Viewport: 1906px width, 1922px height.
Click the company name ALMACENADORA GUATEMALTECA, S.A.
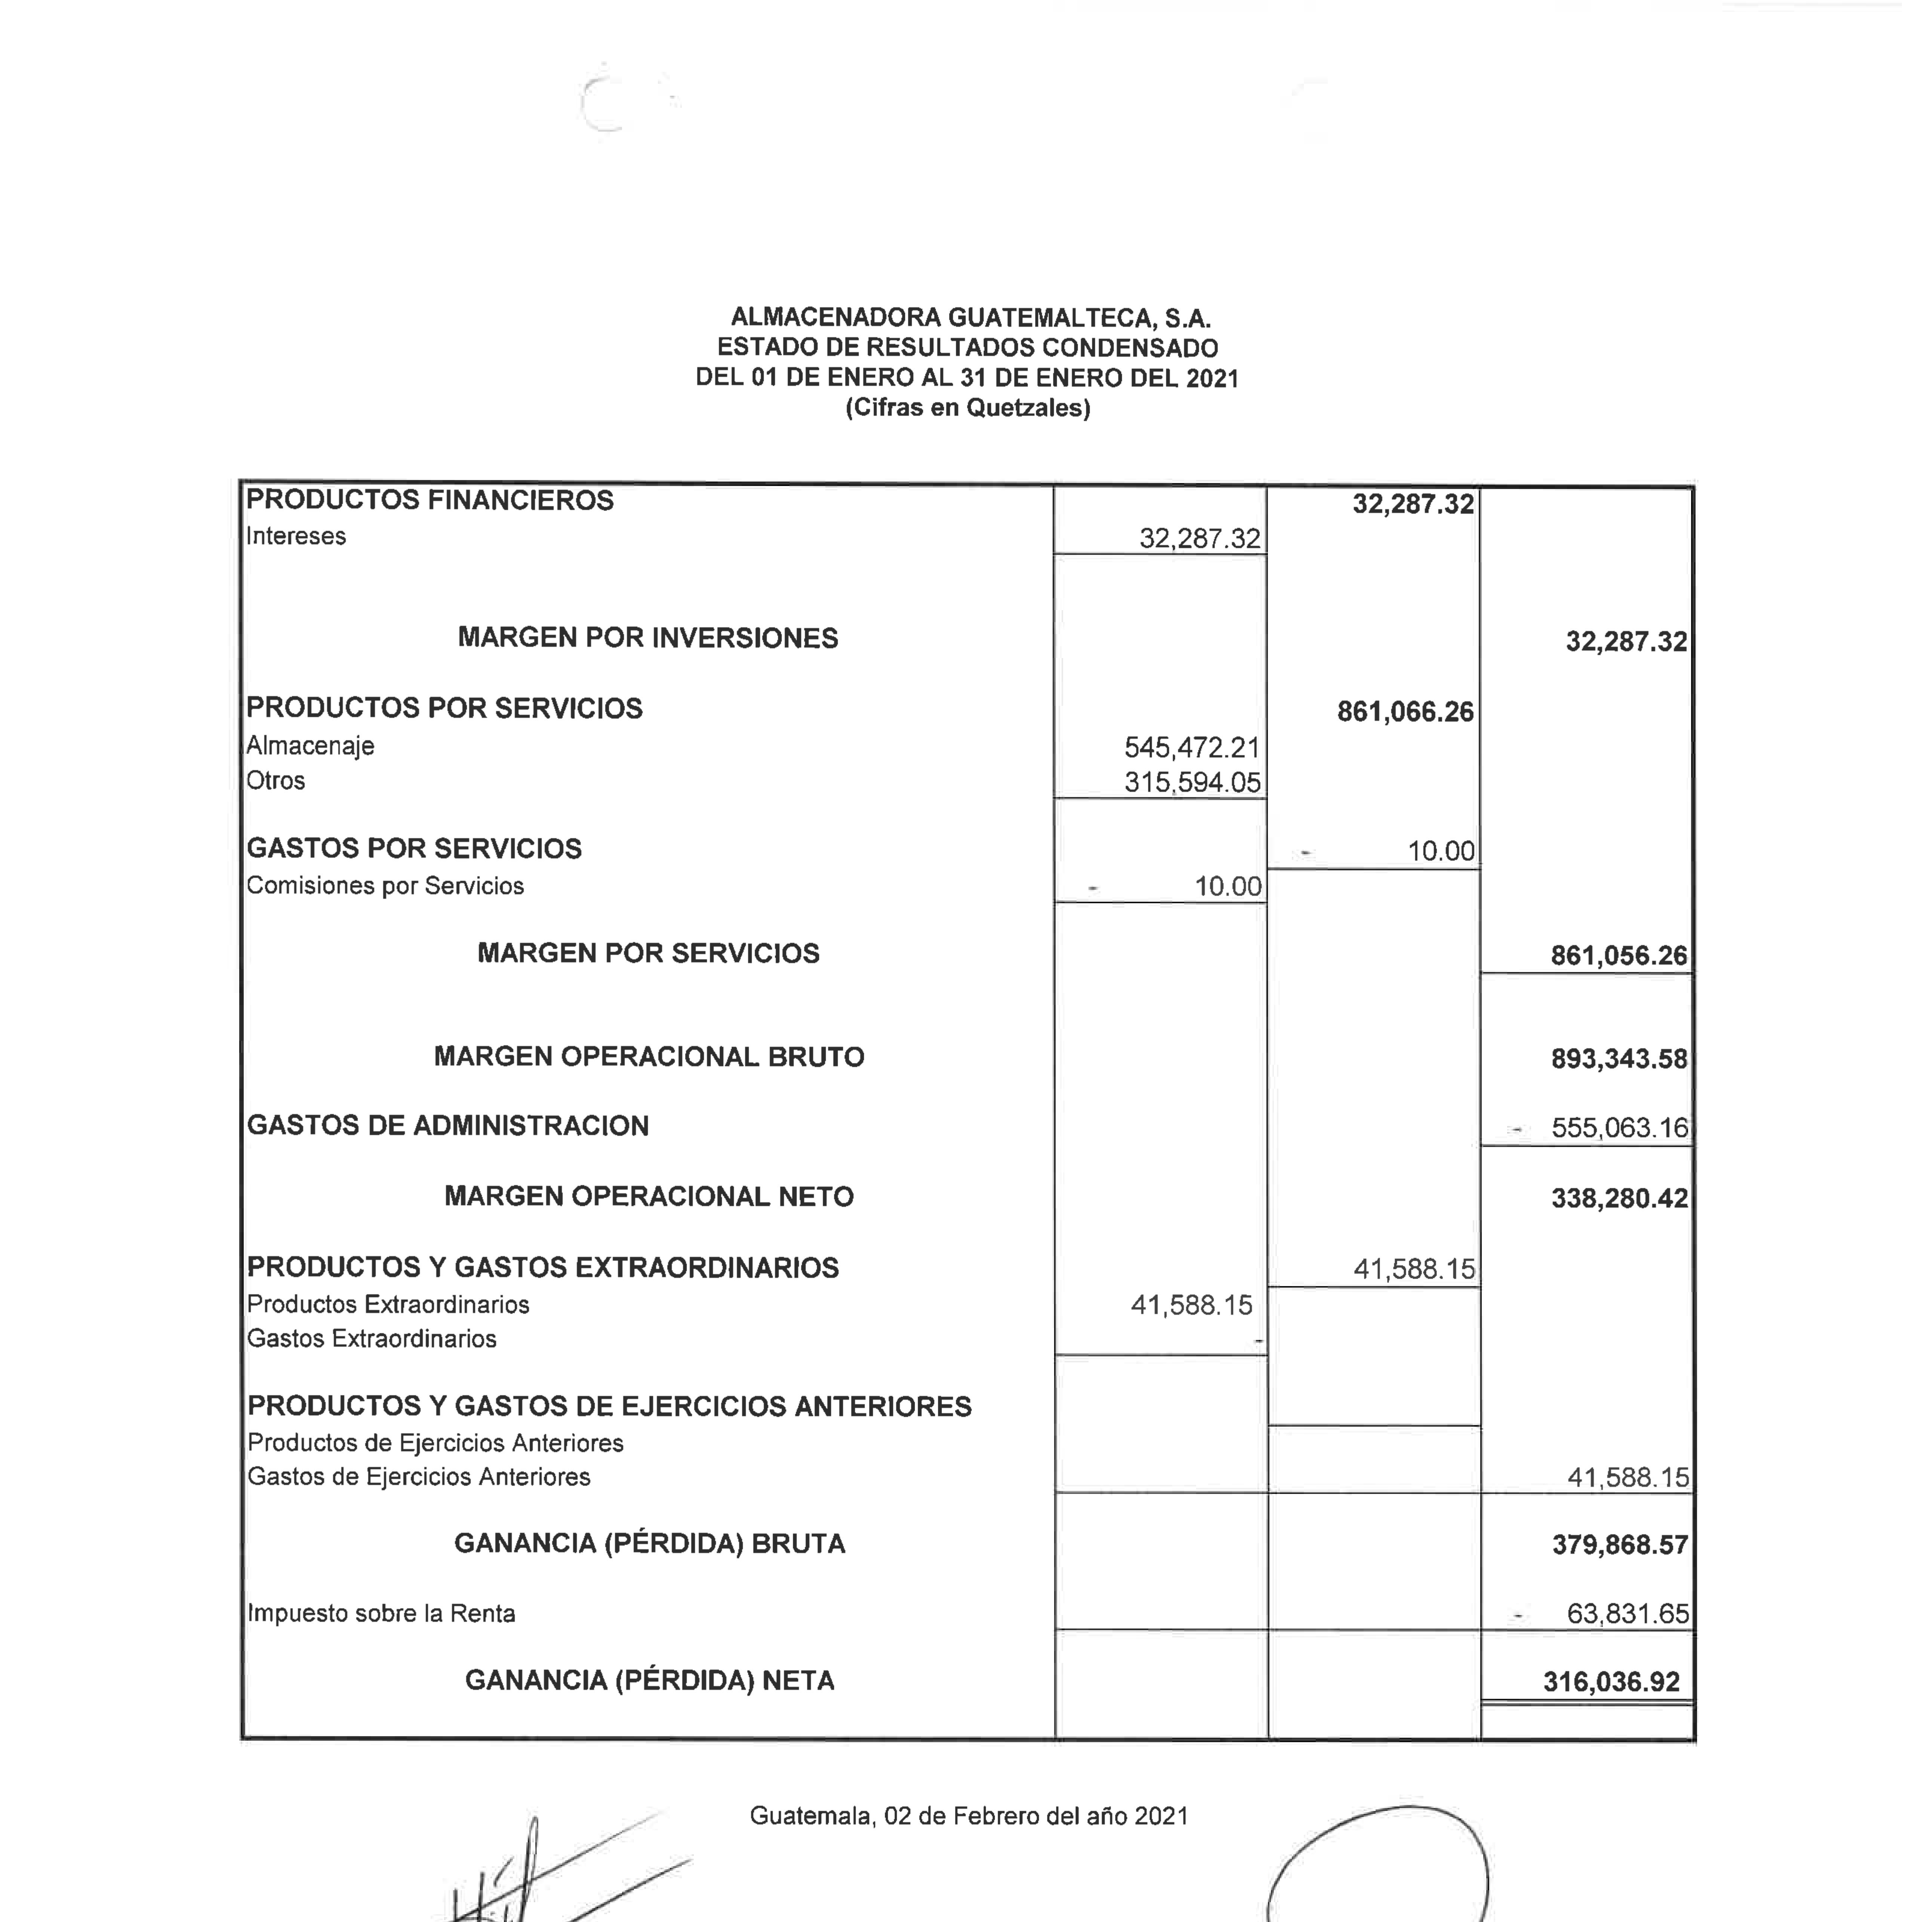click(x=970, y=319)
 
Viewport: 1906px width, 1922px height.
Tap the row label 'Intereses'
click(x=295, y=536)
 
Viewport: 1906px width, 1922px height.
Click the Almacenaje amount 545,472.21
click(x=1192, y=747)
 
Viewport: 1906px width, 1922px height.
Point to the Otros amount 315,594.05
click(x=1192, y=782)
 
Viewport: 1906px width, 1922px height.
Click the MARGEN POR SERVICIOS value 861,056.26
click(x=1619, y=956)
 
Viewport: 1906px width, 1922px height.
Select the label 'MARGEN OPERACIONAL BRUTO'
click(x=649, y=1057)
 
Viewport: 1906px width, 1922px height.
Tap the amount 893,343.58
click(x=1619, y=1058)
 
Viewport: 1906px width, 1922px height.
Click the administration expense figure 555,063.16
click(x=1619, y=1128)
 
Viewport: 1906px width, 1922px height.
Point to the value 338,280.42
click(x=1619, y=1198)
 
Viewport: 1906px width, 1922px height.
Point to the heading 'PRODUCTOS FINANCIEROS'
click(x=430, y=500)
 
